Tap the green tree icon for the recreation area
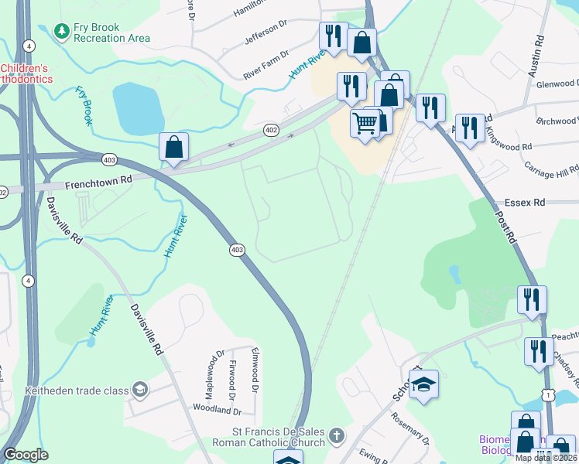coord(61,31)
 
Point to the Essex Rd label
coord(525,203)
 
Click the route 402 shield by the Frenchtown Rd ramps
coord(270,130)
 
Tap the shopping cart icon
coord(365,123)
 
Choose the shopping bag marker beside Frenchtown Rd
coord(174,146)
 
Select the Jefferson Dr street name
coord(266,34)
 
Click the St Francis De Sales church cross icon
coord(335,435)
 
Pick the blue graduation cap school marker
coord(423,384)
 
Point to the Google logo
coord(26,455)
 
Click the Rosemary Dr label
coord(422,429)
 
